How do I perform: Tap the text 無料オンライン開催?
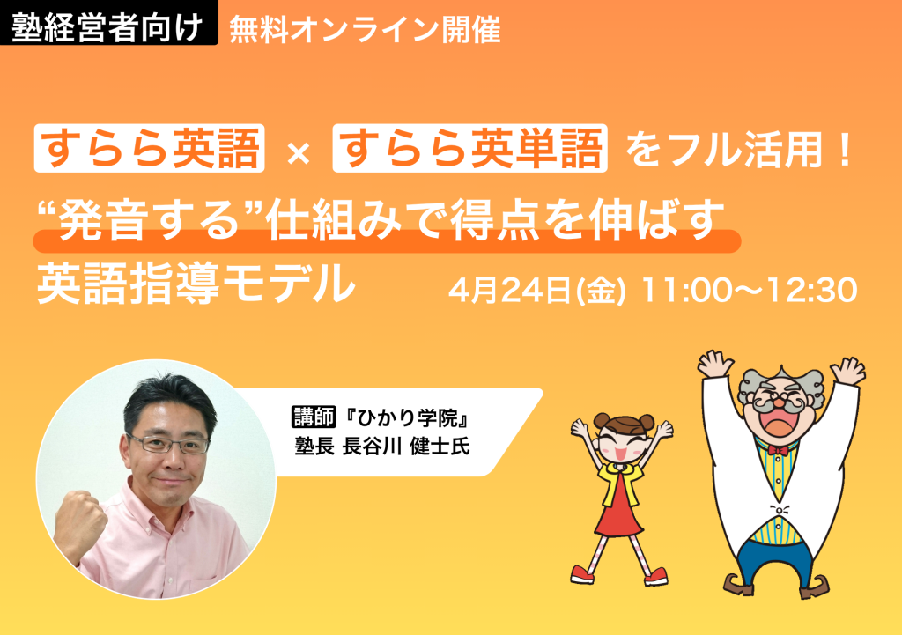[x=365, y=30]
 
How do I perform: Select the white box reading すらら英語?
[x=150, y=149]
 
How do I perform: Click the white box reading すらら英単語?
[x=471, y=149]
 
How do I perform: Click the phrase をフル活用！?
[x=740, y=150]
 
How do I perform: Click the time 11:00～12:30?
[x=750, y=291]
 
